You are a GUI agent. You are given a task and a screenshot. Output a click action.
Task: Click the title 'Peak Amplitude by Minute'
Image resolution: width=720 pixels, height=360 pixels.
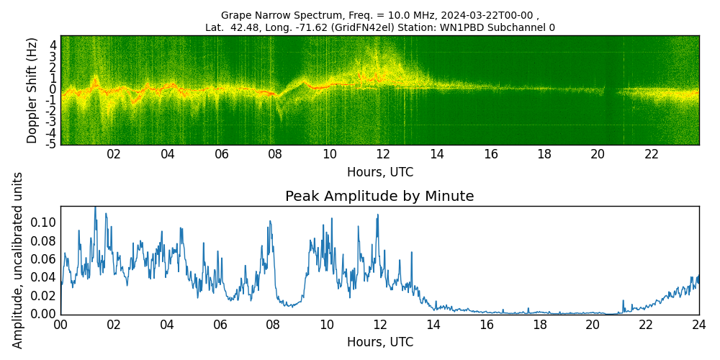pyautogui.click(x=379, y=197)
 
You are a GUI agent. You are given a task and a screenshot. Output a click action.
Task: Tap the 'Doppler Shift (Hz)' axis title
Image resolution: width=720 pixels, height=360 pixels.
pyautogui.click(x=32, y=90)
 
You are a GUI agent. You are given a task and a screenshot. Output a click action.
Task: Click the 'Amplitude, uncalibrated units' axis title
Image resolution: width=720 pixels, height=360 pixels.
pyautogui.click(x=19, y=260)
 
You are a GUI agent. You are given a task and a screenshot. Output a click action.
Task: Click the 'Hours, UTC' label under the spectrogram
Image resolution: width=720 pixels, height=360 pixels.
pyautogui.click(x=379, y=173)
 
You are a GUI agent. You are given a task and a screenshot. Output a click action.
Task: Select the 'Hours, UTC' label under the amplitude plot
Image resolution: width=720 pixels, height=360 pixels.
pyautogui.click(x=379, y=343)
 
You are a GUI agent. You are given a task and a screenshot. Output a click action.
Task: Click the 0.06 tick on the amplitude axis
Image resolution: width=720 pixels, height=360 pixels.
pyautogui.click(x=42, y=259)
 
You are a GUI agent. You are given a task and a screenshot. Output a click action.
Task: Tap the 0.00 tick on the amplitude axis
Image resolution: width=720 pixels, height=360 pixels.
pyautogui.click(x=42, y=314)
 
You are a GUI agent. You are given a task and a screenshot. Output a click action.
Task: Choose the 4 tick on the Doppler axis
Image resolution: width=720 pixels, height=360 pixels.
pyautogui.click(x=53, y=45)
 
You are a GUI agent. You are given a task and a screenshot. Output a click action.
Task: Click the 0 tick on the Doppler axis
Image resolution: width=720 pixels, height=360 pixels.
pyautogui.click(x=53, y=89)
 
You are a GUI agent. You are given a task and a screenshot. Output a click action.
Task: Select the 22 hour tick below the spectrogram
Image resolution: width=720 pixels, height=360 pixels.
pyautogui.click(x=652, y=154)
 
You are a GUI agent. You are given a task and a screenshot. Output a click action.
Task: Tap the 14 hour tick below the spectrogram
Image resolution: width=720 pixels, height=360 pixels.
pyautogui.click(x=436, y=154)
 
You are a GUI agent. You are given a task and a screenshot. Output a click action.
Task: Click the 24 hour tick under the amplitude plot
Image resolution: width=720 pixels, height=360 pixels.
pyautogui.click(x=698, y=325)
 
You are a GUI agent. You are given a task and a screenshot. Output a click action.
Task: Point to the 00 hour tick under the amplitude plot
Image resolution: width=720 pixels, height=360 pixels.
pyautogui.click(x=60, y=325)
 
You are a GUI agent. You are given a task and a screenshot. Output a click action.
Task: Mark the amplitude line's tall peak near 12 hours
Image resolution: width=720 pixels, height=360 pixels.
pyautogui.click(x=377, y=215)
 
